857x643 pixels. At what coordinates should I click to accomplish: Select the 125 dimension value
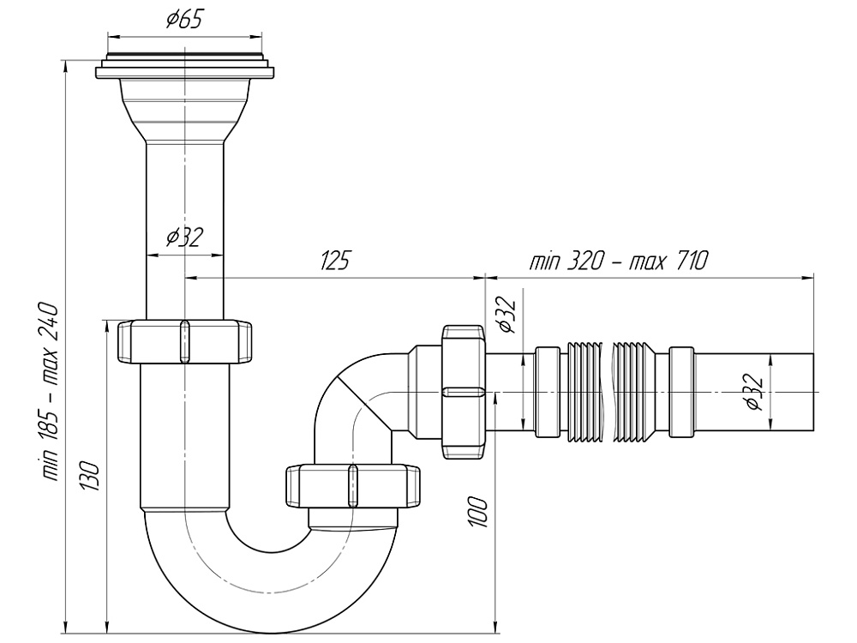click(x=334, y=261)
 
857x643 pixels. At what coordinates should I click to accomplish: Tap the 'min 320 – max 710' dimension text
click(x=620, y=261)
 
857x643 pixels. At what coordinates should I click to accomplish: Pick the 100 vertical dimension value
click(x=480, y=511)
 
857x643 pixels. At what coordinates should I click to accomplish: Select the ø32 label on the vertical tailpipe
click(x=184, y=237)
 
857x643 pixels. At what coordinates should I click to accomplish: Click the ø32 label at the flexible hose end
click(x=754, y=392)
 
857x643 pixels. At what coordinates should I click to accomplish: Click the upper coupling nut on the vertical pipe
click(x=184, y=342)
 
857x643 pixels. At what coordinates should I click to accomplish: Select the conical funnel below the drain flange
click(x=184, y=111)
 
